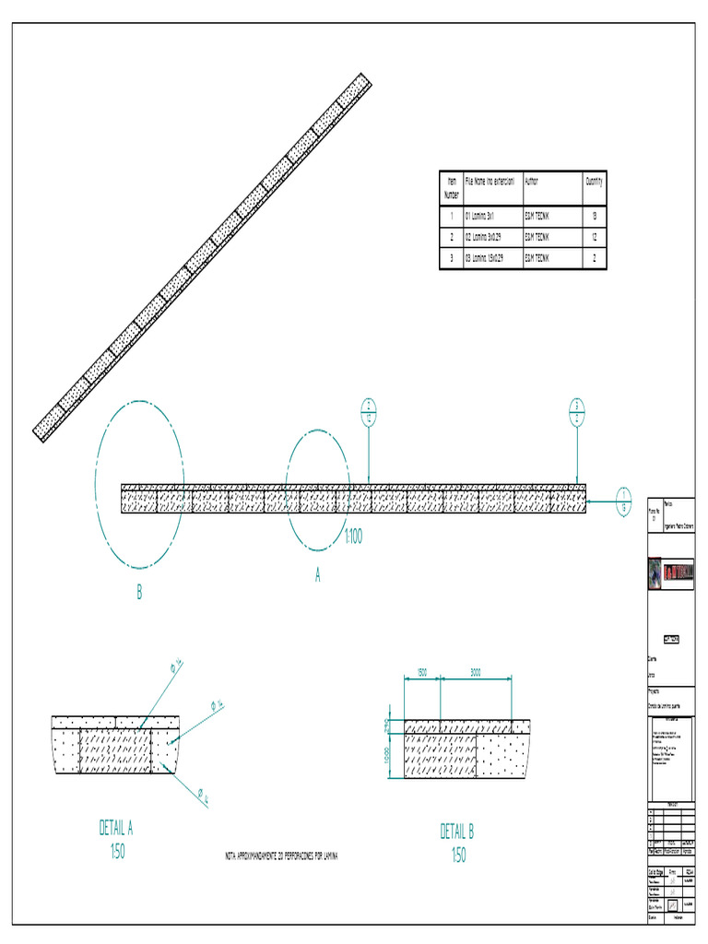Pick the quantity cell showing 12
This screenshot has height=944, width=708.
coord(594,238)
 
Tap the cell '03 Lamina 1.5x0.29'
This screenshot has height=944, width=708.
coord(485,259)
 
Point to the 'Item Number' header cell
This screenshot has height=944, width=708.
coord(452,188)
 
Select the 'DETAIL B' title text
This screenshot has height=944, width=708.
coord(457,832)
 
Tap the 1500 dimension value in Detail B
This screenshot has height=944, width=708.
coord(421,673)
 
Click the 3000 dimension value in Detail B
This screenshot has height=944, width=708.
coord(476,673)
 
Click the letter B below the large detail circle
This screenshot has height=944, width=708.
coord(139,594)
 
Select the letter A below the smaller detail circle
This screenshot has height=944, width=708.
coord(318,574)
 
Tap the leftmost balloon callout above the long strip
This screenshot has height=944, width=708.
coord(369,411)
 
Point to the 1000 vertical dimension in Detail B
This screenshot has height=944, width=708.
coord(388,756)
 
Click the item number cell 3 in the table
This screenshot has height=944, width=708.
coord(452,259)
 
